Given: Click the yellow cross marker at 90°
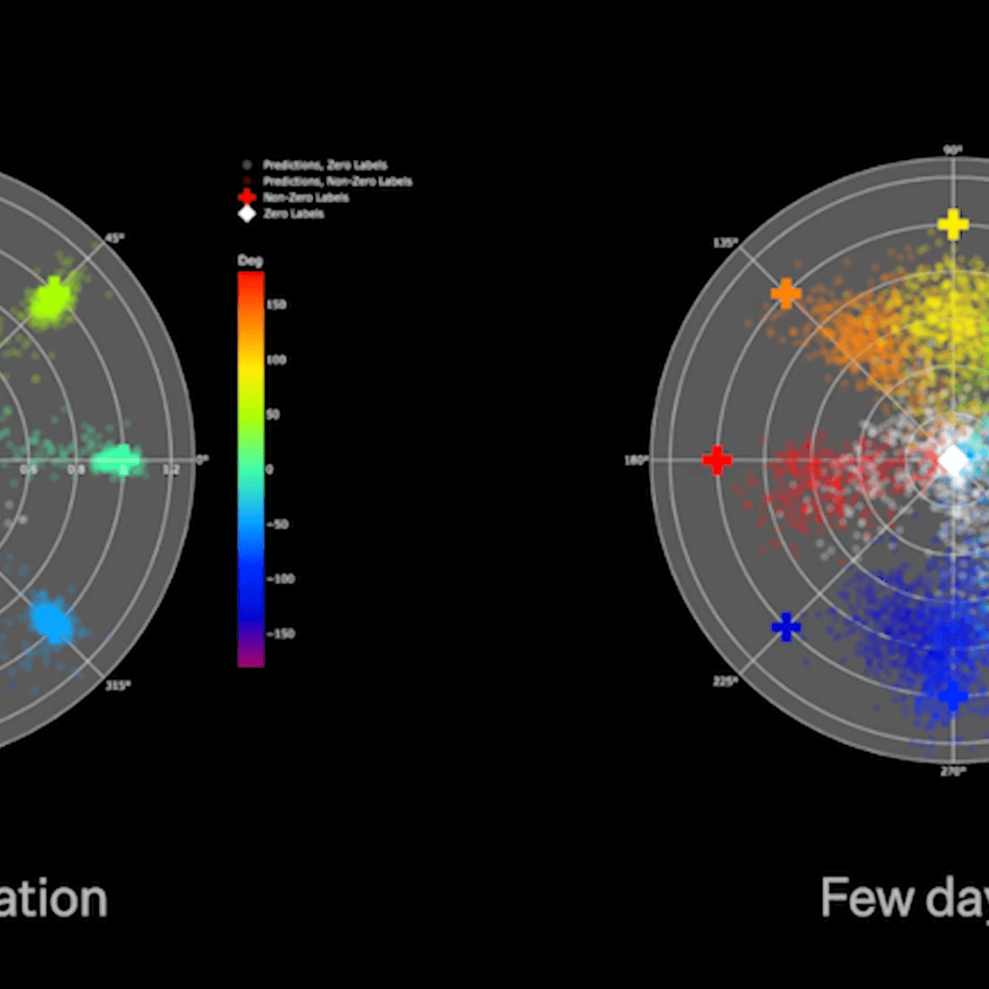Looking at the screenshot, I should pyautogui.click(x=954, y=223).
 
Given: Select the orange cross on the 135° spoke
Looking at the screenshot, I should pyautogui.click(x=785, y=293).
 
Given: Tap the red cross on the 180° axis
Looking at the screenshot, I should pyautogui.click(x=717, y=460).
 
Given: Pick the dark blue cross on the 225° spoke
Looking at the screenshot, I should pyautogui.click(x=785, y=627).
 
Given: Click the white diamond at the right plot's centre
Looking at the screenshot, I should pyautogui.click(x=954, y=461).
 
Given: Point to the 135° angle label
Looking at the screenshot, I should pyautogui.click(x=725, y=242).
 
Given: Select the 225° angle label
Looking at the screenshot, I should pyautogui.click(x=725, y=681).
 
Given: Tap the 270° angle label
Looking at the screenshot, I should pyautogui.click(x=954, y=771).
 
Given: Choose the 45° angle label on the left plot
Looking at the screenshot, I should pyautogui.click(x=115, y=237).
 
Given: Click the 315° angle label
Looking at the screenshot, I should pyautogui.click(x=118, y=684).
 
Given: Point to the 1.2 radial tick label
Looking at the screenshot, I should pyautogui.click(x=171, y=470).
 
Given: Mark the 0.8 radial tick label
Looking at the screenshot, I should pyautogui.click(x=76, y=470).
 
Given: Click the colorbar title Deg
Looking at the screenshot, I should pyautogui.click(x=250, y=260).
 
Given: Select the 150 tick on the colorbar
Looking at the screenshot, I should pyautogui.click(x=276, y=305).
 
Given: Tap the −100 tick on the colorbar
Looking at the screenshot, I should pyautogui.click(x=280, y=579).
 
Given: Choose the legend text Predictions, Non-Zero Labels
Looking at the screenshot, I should pyautogui.click(x=337, y=181).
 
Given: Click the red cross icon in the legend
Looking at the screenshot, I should pyautogui.click(x=246, y=197).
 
